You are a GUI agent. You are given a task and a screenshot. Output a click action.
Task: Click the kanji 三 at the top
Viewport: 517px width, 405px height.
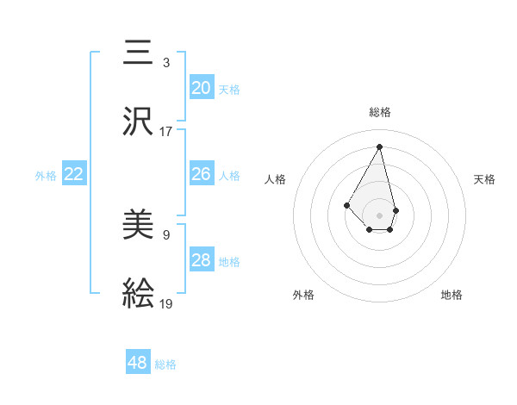pos(139,53)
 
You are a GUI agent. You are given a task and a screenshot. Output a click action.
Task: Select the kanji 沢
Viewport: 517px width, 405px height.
pos(139,121)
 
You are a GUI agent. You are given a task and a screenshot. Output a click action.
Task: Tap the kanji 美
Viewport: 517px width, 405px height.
pos(139,226)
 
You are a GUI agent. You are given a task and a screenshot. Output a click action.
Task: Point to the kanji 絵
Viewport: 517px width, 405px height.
pos(139,295)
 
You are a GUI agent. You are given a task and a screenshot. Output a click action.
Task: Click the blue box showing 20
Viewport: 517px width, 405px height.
pos(202,88)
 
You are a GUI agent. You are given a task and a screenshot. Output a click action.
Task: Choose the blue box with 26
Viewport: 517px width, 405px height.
pos(202,175)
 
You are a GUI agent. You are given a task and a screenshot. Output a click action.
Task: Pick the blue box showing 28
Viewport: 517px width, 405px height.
pos(202,261)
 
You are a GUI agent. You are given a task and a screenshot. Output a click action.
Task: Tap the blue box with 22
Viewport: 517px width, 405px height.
pos(74,175)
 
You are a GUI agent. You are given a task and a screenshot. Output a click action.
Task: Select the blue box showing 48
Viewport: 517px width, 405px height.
pos(138,363)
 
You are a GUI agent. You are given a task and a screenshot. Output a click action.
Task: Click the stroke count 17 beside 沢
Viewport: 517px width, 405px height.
pos(166,132)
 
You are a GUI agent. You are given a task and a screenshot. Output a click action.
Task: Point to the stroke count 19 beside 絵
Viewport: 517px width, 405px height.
pos(166,304)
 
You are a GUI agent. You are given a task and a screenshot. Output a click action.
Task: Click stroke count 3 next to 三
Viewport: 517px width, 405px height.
pos(166,62)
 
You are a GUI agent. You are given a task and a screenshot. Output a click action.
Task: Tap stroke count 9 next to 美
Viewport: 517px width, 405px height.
pos(166,234)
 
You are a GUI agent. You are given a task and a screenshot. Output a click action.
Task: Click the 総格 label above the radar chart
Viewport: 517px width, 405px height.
pos(380,112)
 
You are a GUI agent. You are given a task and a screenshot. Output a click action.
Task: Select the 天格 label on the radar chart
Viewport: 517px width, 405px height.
pos(485,179)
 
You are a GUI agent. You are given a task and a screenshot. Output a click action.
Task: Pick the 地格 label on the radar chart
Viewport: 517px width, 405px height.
pos(452,296)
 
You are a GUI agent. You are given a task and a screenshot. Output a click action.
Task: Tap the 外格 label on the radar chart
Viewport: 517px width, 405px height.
pos(303,296)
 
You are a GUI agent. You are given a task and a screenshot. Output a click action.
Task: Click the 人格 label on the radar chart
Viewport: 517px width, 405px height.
pos(275,179)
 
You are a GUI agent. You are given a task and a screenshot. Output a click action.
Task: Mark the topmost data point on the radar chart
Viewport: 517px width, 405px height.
pos(379,146)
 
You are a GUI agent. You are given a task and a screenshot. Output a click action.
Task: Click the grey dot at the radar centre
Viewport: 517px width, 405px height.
pos(379,215)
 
